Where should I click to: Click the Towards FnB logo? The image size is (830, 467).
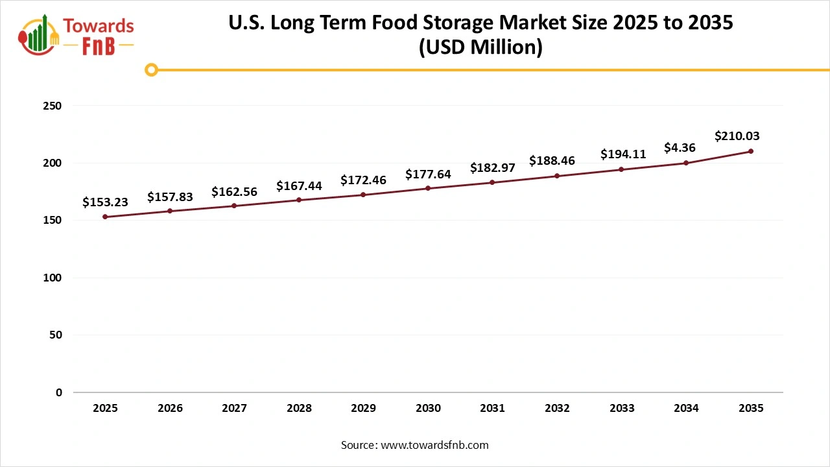point(77,34)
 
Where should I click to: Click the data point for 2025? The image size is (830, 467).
point(105,217)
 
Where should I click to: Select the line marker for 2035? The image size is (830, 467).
point(751,151)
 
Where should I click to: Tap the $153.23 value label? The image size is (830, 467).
point(105,202)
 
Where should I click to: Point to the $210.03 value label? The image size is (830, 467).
point(737,136)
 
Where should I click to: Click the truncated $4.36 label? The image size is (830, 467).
point(680,148)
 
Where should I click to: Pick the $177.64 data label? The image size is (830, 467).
point(428,174)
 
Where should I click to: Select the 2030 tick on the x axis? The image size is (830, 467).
point(428,409)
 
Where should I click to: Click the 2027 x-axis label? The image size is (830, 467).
point(234,409)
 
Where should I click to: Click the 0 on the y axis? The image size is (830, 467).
point(58,392)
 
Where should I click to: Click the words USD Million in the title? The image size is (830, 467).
point(480,47)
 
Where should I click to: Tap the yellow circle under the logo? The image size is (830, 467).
point(151,69)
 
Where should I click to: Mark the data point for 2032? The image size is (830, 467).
point(557,176)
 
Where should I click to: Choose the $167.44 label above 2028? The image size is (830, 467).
point(299,186)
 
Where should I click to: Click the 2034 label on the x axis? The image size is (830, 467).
point(686,409)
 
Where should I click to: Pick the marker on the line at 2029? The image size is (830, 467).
point(363,195)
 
